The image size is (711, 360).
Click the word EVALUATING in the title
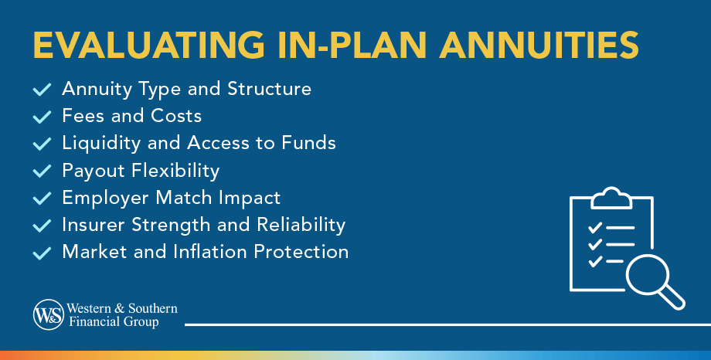click(148, 45)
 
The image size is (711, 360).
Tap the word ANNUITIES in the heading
click(539, 45)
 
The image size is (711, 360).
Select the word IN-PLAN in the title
click(352, 45)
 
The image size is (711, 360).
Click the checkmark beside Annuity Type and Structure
click(43, 89)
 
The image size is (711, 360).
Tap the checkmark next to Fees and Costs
click(43, 117)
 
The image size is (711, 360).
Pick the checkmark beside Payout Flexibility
click(43, 171)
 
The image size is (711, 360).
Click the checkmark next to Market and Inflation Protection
click(43, 253)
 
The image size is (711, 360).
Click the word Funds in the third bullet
click(309, 143)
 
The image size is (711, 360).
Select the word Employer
click(106, 198)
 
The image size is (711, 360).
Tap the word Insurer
click(93, 225)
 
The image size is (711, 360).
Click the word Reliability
click(301, 226)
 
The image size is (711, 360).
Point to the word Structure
click(270, 89)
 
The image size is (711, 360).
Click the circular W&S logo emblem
click(49, 314)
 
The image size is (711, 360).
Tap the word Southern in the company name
click(153, 308)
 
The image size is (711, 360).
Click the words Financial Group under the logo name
click(114, 322)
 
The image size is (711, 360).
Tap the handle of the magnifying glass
click(673, 299)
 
